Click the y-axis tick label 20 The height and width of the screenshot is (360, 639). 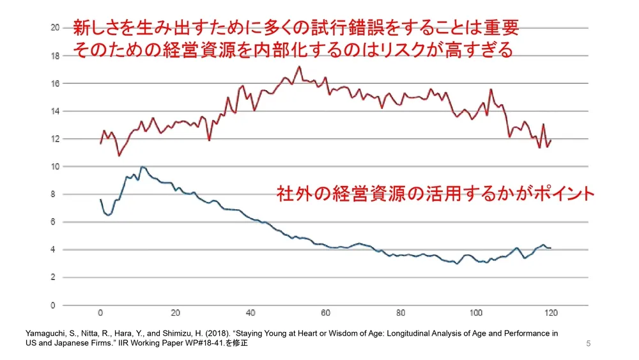pyautogui.click(x=56, y=28)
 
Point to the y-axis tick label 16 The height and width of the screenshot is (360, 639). pyautogui.click(x=56, y=84)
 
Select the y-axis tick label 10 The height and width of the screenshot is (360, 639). pyautogui.click(x=56, y=167)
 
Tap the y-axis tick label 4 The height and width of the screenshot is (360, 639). pyautogui.click(x=58, y=250)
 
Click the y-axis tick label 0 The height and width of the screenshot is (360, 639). pyautogui.click(x=58, y=306)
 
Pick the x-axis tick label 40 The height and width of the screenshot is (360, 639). pyautogui.click(x=250, y=313)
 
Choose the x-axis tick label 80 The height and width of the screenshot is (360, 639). pyautogui.click(x=401, y=313)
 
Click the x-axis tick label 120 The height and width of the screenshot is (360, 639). pyautogui.click(x=551, y=313)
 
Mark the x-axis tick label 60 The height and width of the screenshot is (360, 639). pyautogui.click(x=326, y=313)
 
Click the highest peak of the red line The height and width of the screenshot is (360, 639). pyautogui.click(x=299, y=67)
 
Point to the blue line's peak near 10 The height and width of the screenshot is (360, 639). pyautogui.click(x=142, y=167)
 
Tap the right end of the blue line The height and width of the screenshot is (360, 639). pyautogui.click(x=550, y=248)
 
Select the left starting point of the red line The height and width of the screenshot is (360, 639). pyautogui.click(x=100, y=143)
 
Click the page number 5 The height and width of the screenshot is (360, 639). pyautogui.click(x=588, y=344)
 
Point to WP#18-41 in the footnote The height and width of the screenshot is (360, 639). pyautogui.click(x=202, y=343)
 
